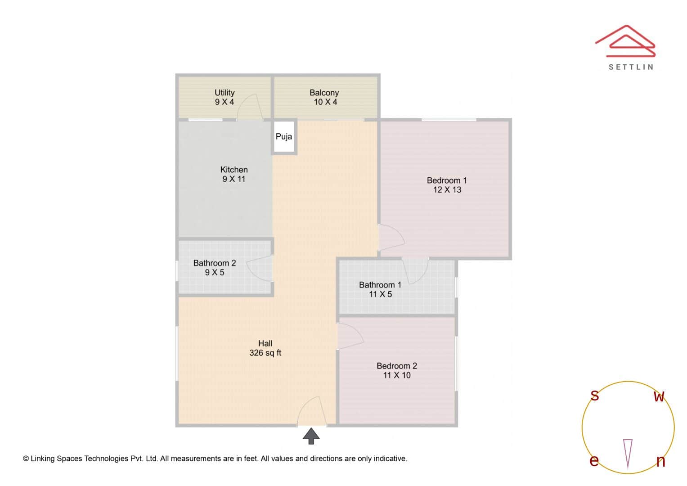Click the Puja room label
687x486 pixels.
click(284, 137)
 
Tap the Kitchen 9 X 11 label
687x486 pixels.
click(234, 174)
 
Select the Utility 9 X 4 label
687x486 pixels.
click(225, 97)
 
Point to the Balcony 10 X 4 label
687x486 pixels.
click(324, 97)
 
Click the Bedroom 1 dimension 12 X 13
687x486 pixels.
click(447, 190)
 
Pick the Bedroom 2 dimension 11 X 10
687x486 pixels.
click(397, 375)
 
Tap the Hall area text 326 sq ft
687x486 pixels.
click(265, 353)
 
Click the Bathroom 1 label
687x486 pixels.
click(380, 285)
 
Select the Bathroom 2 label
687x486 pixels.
click(215, 263)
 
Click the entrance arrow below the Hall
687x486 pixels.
click(311, 436)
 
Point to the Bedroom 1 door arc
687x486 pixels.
click(391, 237)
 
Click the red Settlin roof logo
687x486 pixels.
click(626, 41)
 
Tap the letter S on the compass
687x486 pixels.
click(595, 396)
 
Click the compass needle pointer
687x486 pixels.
click(628, 453)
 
